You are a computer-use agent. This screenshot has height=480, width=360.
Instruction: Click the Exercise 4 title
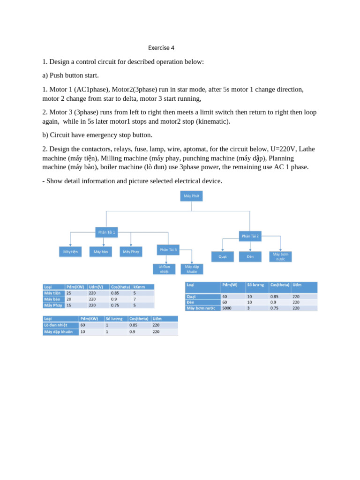(161, 48)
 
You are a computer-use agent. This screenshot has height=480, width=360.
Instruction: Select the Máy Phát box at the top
(191, 196)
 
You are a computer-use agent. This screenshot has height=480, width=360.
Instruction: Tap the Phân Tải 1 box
(106, 232)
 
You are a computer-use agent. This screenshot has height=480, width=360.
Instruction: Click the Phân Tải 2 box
(250, 236)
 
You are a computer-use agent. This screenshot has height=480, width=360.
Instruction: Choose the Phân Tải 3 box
(168, 250)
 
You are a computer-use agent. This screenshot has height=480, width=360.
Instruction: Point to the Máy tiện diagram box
(71, 252)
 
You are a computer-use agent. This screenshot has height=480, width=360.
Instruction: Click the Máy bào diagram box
(101, 252)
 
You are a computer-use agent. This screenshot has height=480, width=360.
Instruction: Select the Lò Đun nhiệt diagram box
(164, 269)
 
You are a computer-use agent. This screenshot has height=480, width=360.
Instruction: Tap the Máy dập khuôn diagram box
(192, 269)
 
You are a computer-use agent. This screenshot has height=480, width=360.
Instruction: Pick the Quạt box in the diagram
(223, 257)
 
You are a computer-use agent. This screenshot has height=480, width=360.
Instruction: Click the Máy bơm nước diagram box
(280, 256)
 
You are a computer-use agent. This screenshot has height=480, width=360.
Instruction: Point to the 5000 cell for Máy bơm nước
(227, 308)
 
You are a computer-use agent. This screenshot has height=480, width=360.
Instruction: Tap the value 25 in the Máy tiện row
(69, 293)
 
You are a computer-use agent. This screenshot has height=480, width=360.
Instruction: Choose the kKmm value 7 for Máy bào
(135, 299)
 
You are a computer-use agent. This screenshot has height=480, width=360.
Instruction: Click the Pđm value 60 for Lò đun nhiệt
(83, 325)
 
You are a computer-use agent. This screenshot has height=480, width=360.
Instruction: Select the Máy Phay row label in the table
(53, 305)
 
